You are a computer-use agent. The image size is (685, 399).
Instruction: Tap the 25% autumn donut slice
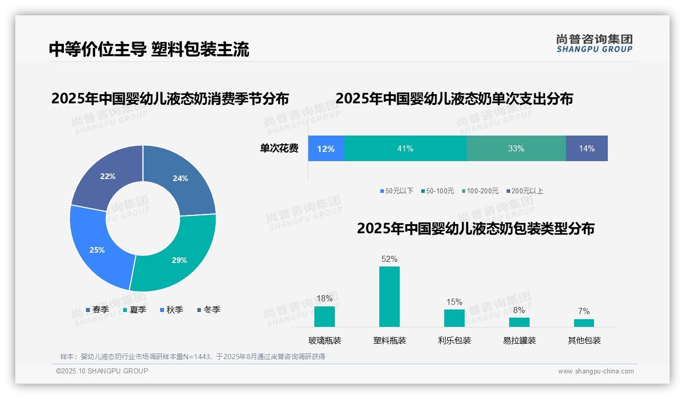click(x=97, y=250)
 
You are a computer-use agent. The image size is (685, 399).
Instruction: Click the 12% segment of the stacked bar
click(x=326, y=149)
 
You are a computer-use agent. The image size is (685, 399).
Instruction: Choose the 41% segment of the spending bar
click(x=405, y=149)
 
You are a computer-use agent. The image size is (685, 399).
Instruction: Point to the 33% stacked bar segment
click(x=516, y=149)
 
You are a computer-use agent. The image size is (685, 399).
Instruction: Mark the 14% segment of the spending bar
click(x=586, y=149)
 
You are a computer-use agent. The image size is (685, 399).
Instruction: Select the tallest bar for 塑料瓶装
click(x=389, y=297)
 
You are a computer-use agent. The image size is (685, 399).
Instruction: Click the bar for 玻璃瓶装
click(x=324, y=317)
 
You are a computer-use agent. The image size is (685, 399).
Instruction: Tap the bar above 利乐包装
click(x=454, y=318)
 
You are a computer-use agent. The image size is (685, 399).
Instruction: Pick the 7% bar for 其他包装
click(x=584, y=323)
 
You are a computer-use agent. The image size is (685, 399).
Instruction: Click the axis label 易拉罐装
click(x=519, y=341)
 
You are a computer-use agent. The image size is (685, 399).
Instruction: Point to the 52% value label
click(x=389, y=259)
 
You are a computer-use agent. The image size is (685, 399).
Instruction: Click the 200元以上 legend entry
click(x=524, y=191)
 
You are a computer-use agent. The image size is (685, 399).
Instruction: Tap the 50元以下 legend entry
click(x=397, y=191)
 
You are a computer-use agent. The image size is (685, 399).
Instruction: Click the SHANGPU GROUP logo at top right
click(x=594, y=43)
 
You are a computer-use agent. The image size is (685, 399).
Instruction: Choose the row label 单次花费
click(x=279, y=149)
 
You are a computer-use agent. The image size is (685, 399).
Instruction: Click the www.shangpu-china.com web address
click(x=596, y=371)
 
